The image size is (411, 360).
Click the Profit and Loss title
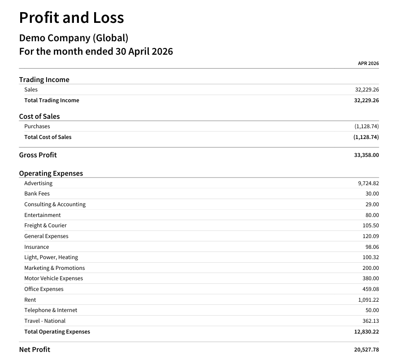71,17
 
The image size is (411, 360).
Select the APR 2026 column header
368,64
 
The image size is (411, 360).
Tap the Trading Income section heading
44,79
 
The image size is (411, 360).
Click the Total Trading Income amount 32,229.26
367,100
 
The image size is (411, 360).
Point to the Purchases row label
37,126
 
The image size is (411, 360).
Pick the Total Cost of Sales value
366,137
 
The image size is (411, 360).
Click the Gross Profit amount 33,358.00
367,155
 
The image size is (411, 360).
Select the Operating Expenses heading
51,173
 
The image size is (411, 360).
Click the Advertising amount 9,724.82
368,183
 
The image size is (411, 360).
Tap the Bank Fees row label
37,194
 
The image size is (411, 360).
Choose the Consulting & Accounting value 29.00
372,204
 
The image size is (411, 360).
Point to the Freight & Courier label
45,226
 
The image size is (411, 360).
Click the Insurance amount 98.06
372,247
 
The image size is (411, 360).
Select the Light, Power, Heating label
51,257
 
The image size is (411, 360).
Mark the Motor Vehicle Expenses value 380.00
371,278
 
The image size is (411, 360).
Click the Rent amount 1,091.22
368,300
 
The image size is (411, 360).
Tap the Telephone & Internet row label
51,310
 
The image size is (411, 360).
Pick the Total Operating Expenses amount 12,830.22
367,332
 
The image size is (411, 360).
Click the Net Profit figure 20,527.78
367,350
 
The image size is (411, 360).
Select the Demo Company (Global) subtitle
74,38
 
